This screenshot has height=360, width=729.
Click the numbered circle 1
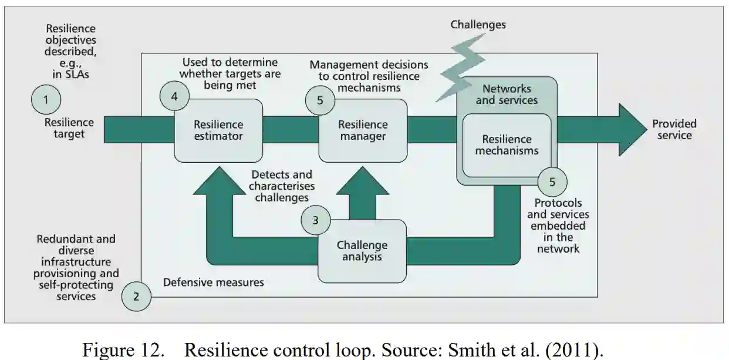(x=46, y=99)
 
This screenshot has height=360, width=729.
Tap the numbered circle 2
(x=136, y=296)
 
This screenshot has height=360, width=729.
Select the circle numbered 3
(x=316, y=221)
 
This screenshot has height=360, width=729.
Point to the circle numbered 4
(x=174, y=96)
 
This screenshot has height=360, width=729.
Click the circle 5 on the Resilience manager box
(x=320, y=100)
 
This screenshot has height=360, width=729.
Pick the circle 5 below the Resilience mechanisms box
(x=552, y=181)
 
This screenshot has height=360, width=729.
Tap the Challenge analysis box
(x=362, y=251)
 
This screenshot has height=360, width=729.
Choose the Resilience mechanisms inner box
(x=507, y=145)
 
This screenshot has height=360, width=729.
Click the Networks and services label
(x=506, y=95)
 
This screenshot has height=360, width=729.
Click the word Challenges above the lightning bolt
(x=478, y=25)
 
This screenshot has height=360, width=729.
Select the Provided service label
(x=674, y=129)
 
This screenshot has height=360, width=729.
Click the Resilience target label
(x=69, y=128)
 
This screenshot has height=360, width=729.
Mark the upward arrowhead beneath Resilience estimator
(x=218, y=181)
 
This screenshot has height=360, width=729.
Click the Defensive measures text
(x=213, y=282)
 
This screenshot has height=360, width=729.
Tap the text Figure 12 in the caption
(x=123, y=350)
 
